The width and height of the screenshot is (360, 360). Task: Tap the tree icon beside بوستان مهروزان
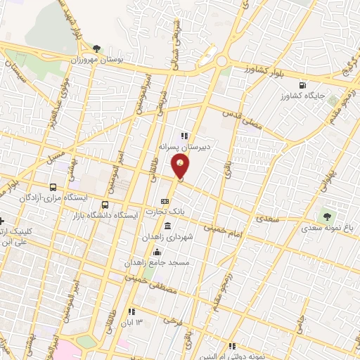(96, 49)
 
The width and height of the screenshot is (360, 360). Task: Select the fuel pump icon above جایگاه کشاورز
(302, 84)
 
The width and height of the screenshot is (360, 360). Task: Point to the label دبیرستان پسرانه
(185, 148)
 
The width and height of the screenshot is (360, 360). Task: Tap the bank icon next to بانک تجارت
(166, 200)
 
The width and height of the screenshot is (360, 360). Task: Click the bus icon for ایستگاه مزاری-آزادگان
(53, 188)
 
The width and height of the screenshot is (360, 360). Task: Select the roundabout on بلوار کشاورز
(222, 61)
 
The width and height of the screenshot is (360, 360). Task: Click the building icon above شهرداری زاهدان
(167, 226)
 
